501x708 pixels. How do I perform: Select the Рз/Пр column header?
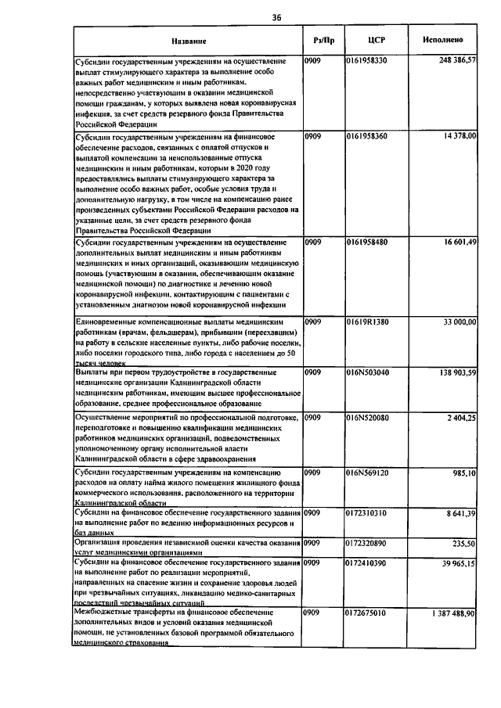pyautogui.click(x=323, y=39)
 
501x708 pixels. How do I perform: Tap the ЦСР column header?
pyautogui.click(x=377, y=39)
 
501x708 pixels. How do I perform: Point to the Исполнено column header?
pyautogui.click(x=443, y=39)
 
